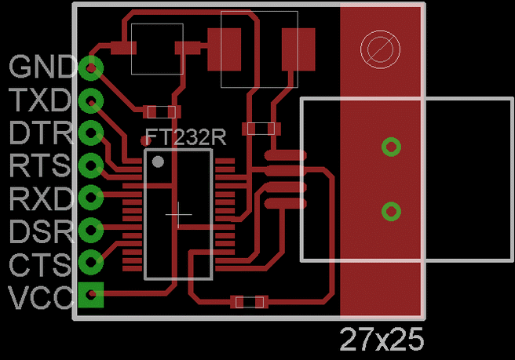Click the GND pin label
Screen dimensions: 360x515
(x=42, y=67)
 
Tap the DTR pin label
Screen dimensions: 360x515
(x=41, y=132)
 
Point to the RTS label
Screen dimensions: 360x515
(x=41, y=165)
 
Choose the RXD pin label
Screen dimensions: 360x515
(x=41, y=198)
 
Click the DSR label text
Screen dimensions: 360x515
(x=41, y=231)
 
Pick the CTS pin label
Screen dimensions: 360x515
(x=41, y=264)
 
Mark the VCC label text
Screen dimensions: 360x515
(x=41, y=297)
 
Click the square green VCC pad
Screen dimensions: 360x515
(x=92, y=295)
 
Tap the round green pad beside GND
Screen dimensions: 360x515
(x=92, y=67)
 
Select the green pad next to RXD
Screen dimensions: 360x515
(x=92, y=197)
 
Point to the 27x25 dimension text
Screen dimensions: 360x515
(x=382, y=340)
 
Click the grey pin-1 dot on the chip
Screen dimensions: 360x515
(x=159, y=162)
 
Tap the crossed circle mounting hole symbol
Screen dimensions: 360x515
(x=376, y=49)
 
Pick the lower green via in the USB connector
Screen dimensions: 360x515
(x=390, y=211)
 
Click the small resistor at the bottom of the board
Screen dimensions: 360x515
(x=249, y=301)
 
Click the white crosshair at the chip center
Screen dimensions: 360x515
(x=179, y=213)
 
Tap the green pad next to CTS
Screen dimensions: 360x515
(x=92, y=262)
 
